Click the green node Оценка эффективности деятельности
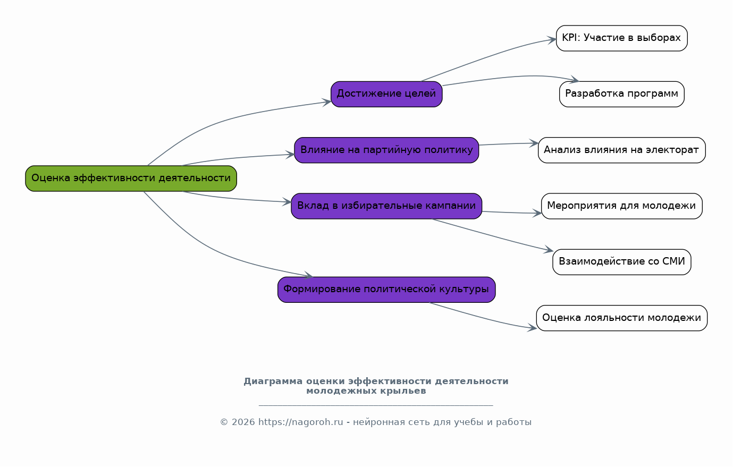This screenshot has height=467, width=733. [x=131, y=179]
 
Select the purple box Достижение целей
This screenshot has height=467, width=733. [x=386, y=94]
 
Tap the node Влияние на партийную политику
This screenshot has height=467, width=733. [x=386, y=150]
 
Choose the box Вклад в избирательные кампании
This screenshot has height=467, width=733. [x=386, y=206]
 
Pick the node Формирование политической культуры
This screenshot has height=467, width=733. [x=386, y=290]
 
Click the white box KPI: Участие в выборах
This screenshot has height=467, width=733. [x=622, y=38]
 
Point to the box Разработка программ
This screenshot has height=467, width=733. [x=622, y=94]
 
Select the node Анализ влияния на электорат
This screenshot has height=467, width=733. [x=622, y=150]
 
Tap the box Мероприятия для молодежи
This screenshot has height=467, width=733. [x=622, y=206]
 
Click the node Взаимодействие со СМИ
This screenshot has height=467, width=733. [x=622, y=262]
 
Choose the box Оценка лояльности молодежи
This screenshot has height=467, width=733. [x=622, y=318]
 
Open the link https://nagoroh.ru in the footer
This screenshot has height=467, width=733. [x=301, y=422]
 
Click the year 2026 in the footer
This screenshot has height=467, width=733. [x=243, y=422]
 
